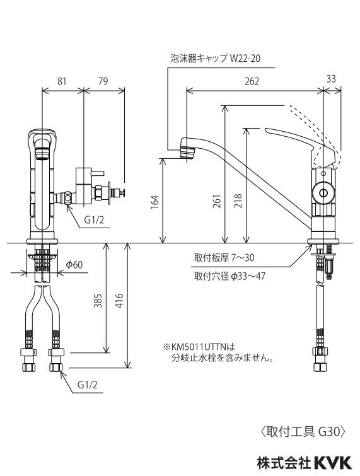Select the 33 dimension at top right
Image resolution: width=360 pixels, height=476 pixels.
click(x=332, y=78)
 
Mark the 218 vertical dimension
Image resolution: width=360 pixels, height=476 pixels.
click(x=238, y=200)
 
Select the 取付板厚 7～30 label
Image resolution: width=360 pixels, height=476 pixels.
click(x=224, y=257)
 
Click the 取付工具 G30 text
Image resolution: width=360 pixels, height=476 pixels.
click(x=303, y=432)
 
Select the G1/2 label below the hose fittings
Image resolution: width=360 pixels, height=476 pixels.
click(x=87, y=384)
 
